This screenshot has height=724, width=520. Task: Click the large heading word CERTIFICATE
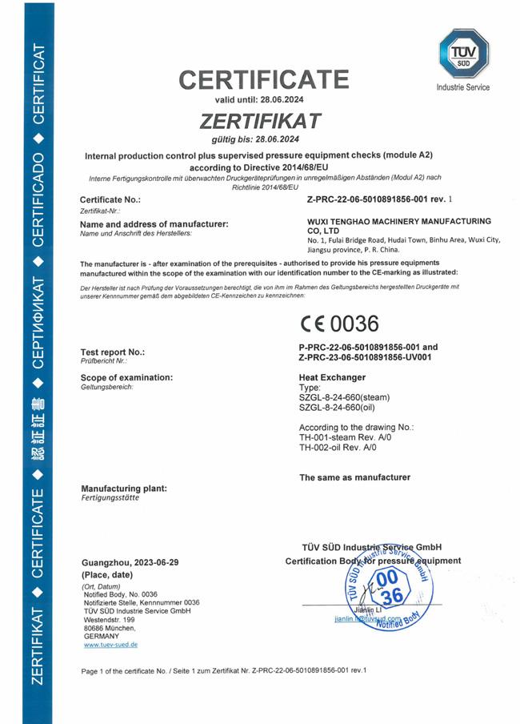[264, 80]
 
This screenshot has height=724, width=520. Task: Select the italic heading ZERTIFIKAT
[261, 121]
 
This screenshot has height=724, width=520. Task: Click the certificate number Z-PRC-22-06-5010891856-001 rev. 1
[380, 198]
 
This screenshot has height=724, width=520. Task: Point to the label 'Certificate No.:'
[110, 199]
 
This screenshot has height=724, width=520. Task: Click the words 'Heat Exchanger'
[332, 377]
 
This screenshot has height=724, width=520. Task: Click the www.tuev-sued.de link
[110, 644]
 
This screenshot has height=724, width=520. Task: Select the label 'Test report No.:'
[113, 352]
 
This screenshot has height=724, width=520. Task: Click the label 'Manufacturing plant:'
[124, 488]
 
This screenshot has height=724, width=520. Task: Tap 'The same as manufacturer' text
[354, 477]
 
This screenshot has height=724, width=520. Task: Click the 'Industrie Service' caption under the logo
[462, 87]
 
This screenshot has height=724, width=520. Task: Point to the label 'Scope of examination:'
[127, 377]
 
